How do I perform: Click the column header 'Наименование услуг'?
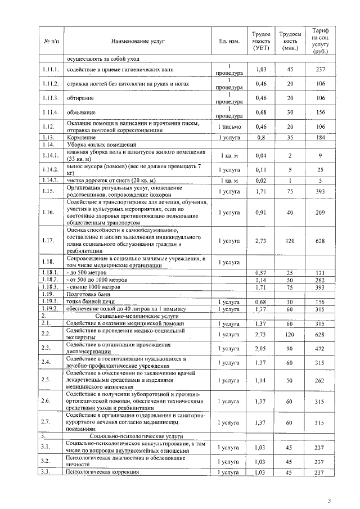tap(138, 42)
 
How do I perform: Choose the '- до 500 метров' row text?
tap(86, 272)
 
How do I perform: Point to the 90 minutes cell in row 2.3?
tap(290, 348)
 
